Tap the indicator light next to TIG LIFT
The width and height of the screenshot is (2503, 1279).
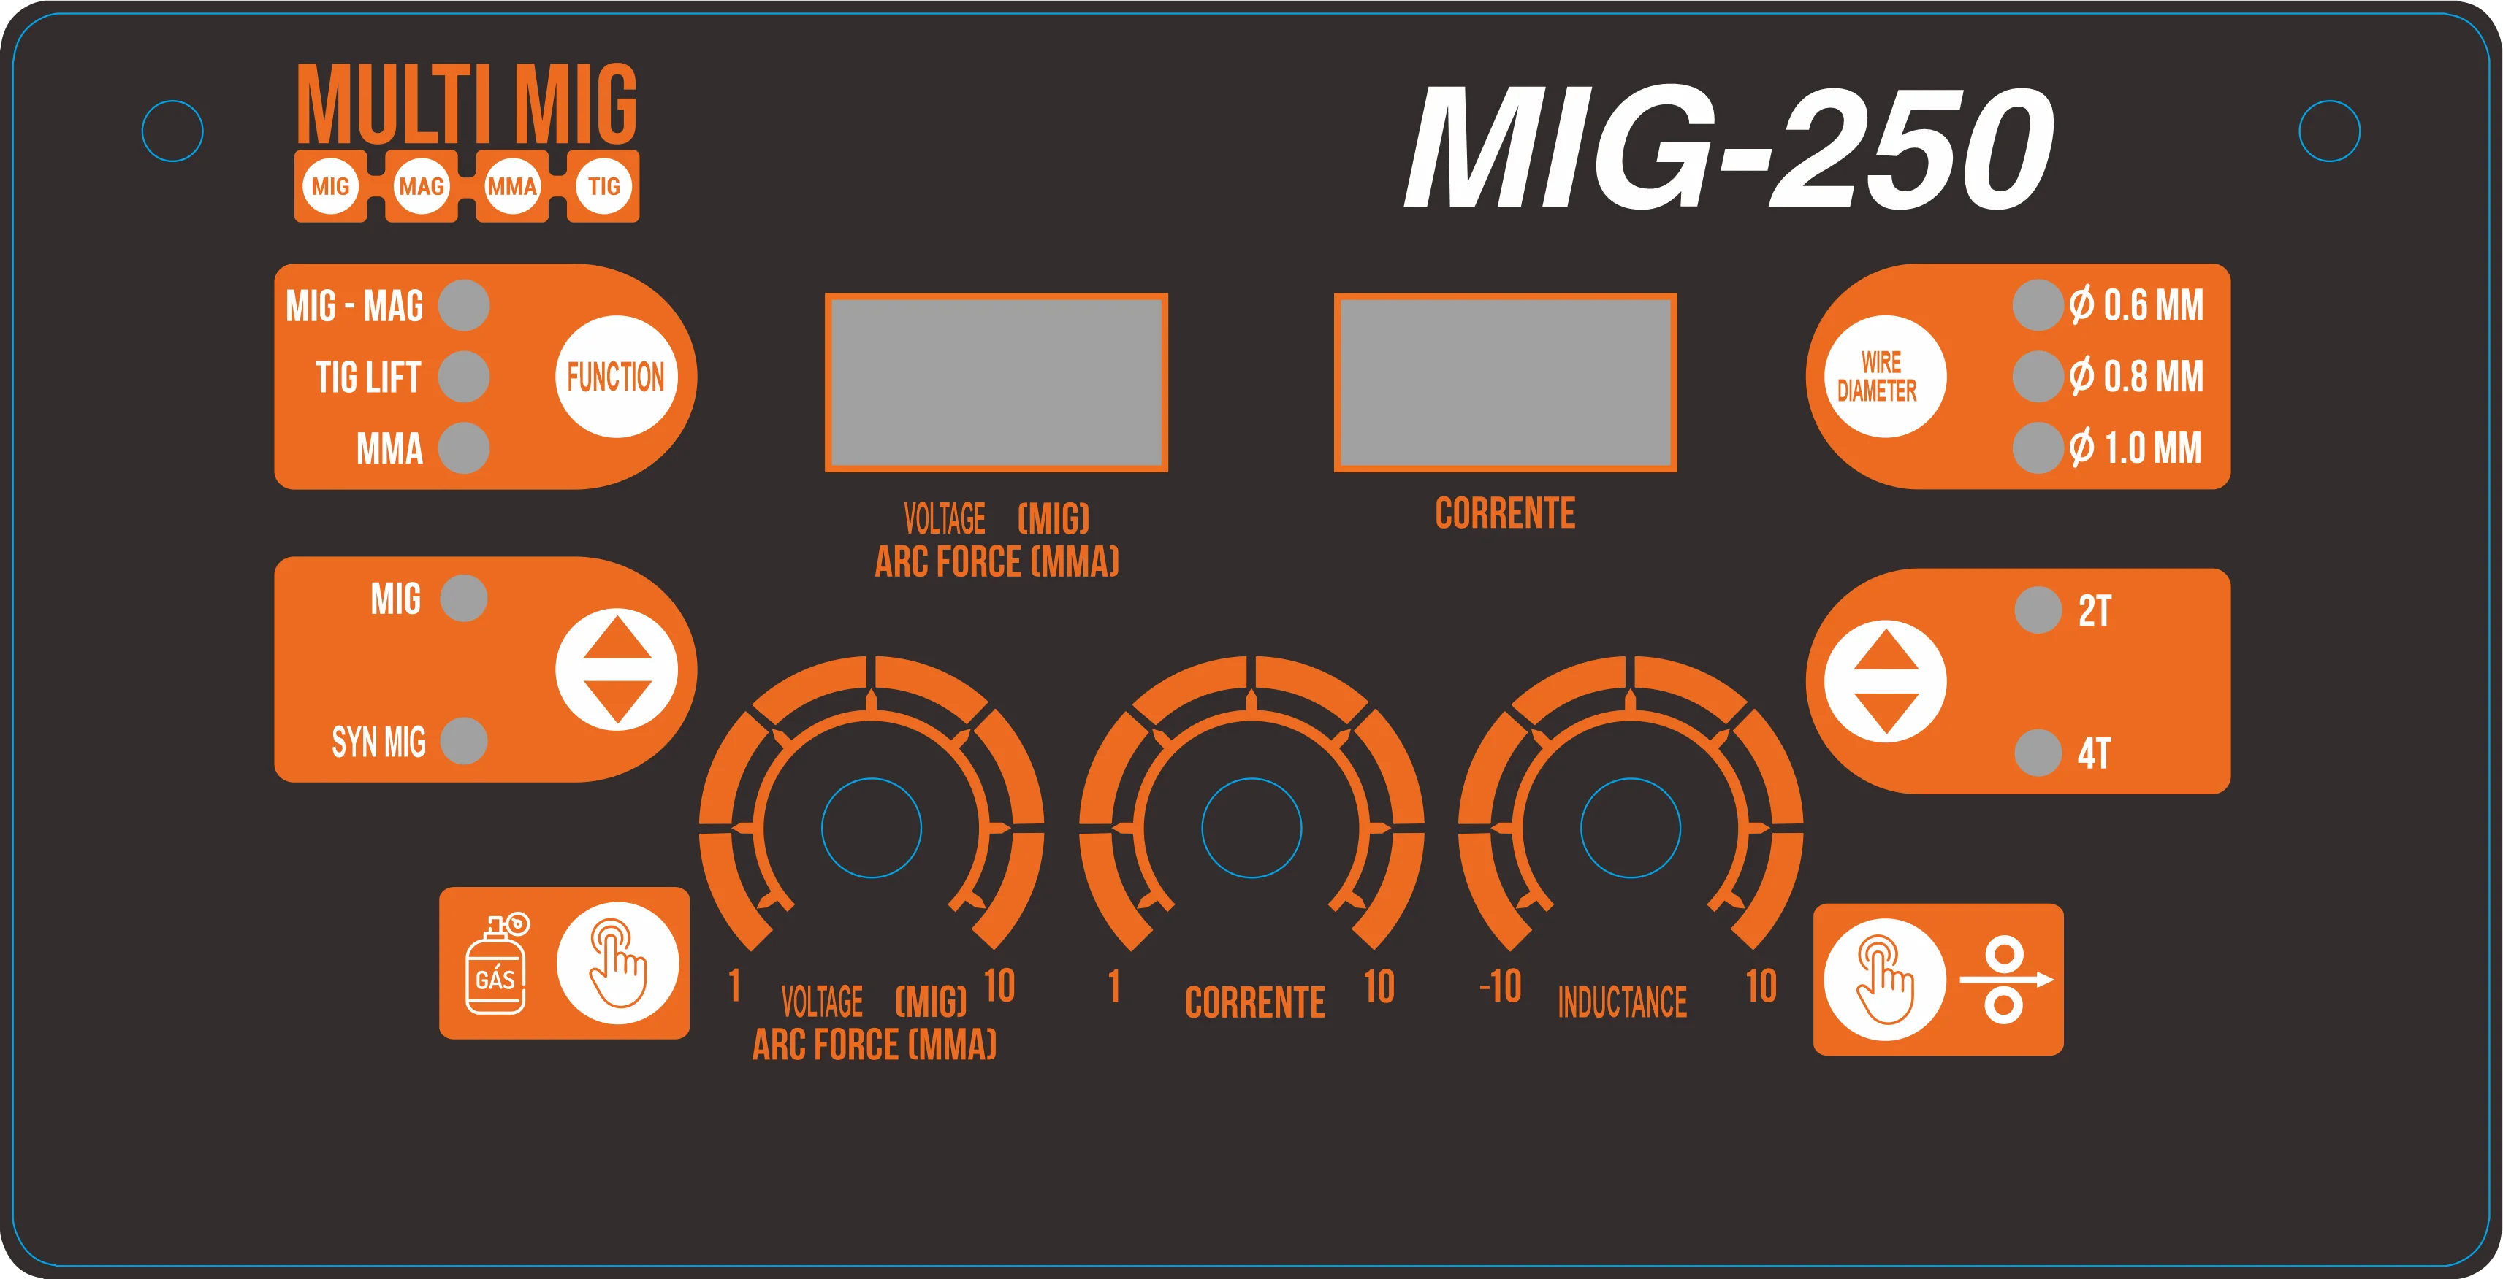tap(463, 377)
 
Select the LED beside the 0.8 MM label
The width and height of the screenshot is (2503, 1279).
tap(2038, 377)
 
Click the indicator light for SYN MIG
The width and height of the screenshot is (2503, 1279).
tap(463, 741)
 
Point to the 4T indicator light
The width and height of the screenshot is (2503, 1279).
tap(2038, 753)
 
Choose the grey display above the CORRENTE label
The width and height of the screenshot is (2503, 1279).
tap(1505, 383)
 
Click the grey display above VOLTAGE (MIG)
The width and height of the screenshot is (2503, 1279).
tap(996, 383)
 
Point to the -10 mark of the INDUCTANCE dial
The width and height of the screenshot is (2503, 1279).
tap(1500, 988)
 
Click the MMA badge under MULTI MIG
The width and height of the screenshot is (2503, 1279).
tap(512, 186)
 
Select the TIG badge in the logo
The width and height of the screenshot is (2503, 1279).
tap(603, 186)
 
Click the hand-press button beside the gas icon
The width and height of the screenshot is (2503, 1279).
tap(617, 964)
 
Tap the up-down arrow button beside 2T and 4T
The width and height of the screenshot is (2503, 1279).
tap(1884, 681)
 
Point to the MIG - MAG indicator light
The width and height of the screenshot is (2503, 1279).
tap(463, 306)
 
